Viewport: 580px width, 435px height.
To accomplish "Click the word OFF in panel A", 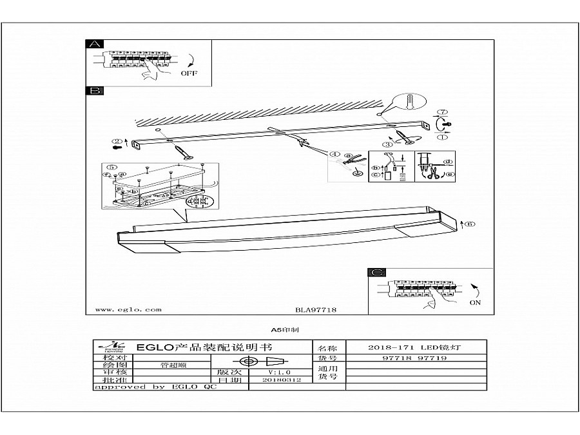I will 189,73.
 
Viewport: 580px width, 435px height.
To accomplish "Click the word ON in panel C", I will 475,302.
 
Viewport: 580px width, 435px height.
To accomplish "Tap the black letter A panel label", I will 94,44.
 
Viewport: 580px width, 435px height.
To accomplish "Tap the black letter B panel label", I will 94,91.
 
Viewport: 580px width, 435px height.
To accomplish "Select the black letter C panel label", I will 376,273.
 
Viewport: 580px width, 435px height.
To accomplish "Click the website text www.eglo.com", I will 128,309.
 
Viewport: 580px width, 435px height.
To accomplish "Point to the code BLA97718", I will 316,309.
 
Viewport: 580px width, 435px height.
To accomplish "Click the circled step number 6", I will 470,224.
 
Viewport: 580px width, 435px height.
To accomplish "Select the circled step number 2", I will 117,141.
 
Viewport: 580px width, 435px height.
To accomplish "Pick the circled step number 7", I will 443,113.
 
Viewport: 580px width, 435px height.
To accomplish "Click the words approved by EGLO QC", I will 155,387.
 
